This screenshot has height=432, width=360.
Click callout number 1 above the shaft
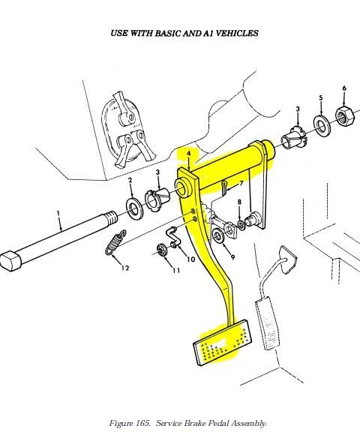point(58,214)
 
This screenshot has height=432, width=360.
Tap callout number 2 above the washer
point(130,180)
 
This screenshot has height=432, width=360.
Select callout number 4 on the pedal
point(188,154)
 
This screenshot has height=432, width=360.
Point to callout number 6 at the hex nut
point(344,88)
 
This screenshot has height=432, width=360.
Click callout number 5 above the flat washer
point(321,97)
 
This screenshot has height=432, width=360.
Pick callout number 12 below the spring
point(125,268)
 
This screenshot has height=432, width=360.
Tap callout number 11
point(176,271)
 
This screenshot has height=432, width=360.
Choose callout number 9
point(232,257)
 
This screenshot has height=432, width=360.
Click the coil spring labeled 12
point(115,242)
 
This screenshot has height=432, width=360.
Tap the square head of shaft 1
point(10,261)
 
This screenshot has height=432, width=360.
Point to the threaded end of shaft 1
point(110,217)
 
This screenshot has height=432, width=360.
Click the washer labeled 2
point(134,208)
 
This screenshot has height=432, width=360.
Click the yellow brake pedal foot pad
point(223,343)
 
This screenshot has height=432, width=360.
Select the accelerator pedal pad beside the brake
point(267,324)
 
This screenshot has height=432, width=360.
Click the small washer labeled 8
point(241,225)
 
